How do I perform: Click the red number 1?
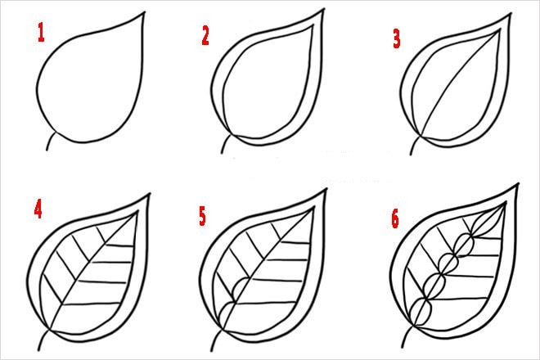click(x=38, y=33)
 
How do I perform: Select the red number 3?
click(x=396, y=38)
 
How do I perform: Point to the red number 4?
click(x=38, y=209)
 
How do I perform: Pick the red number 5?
click(x=203, y=217)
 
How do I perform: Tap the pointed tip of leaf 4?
click(x=150, y=194)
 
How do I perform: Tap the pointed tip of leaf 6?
click(x=517, y=187)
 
